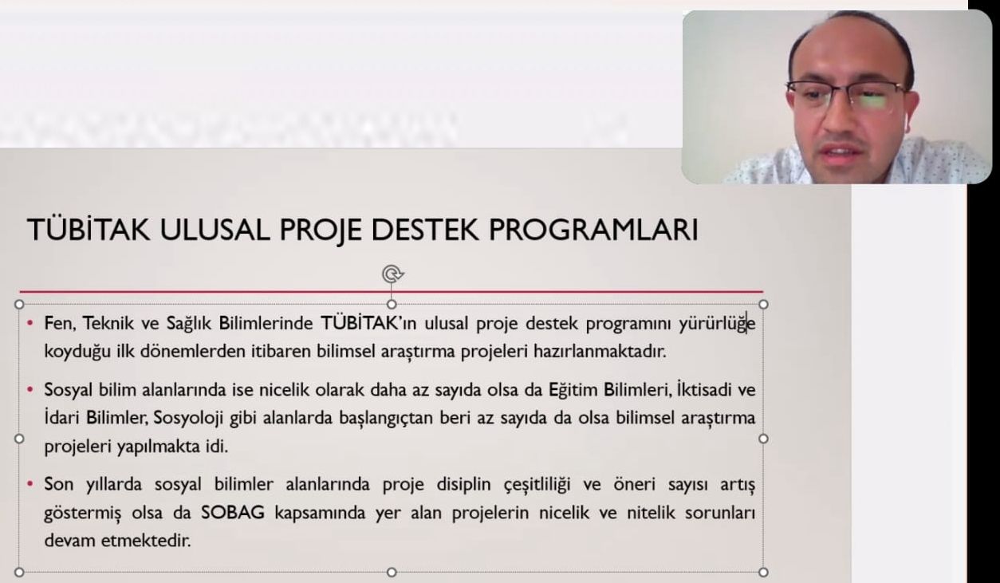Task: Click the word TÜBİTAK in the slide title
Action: [89, 230]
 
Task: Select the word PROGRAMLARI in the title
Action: [593, 230]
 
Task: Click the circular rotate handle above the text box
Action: [392, 274]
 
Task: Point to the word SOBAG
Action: [233, 513]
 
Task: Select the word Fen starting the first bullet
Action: [57, 324]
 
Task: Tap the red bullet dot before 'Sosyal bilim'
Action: [30, 390]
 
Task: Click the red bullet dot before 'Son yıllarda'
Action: [30, 483]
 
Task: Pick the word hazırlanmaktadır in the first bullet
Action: [600, 352]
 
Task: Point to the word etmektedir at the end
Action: [146, 541]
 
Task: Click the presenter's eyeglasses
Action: [846, 95]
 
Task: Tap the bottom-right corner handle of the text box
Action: [763, 572]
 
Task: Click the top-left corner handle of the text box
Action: [19, 305]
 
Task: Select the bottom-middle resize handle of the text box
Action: [392, 572]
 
